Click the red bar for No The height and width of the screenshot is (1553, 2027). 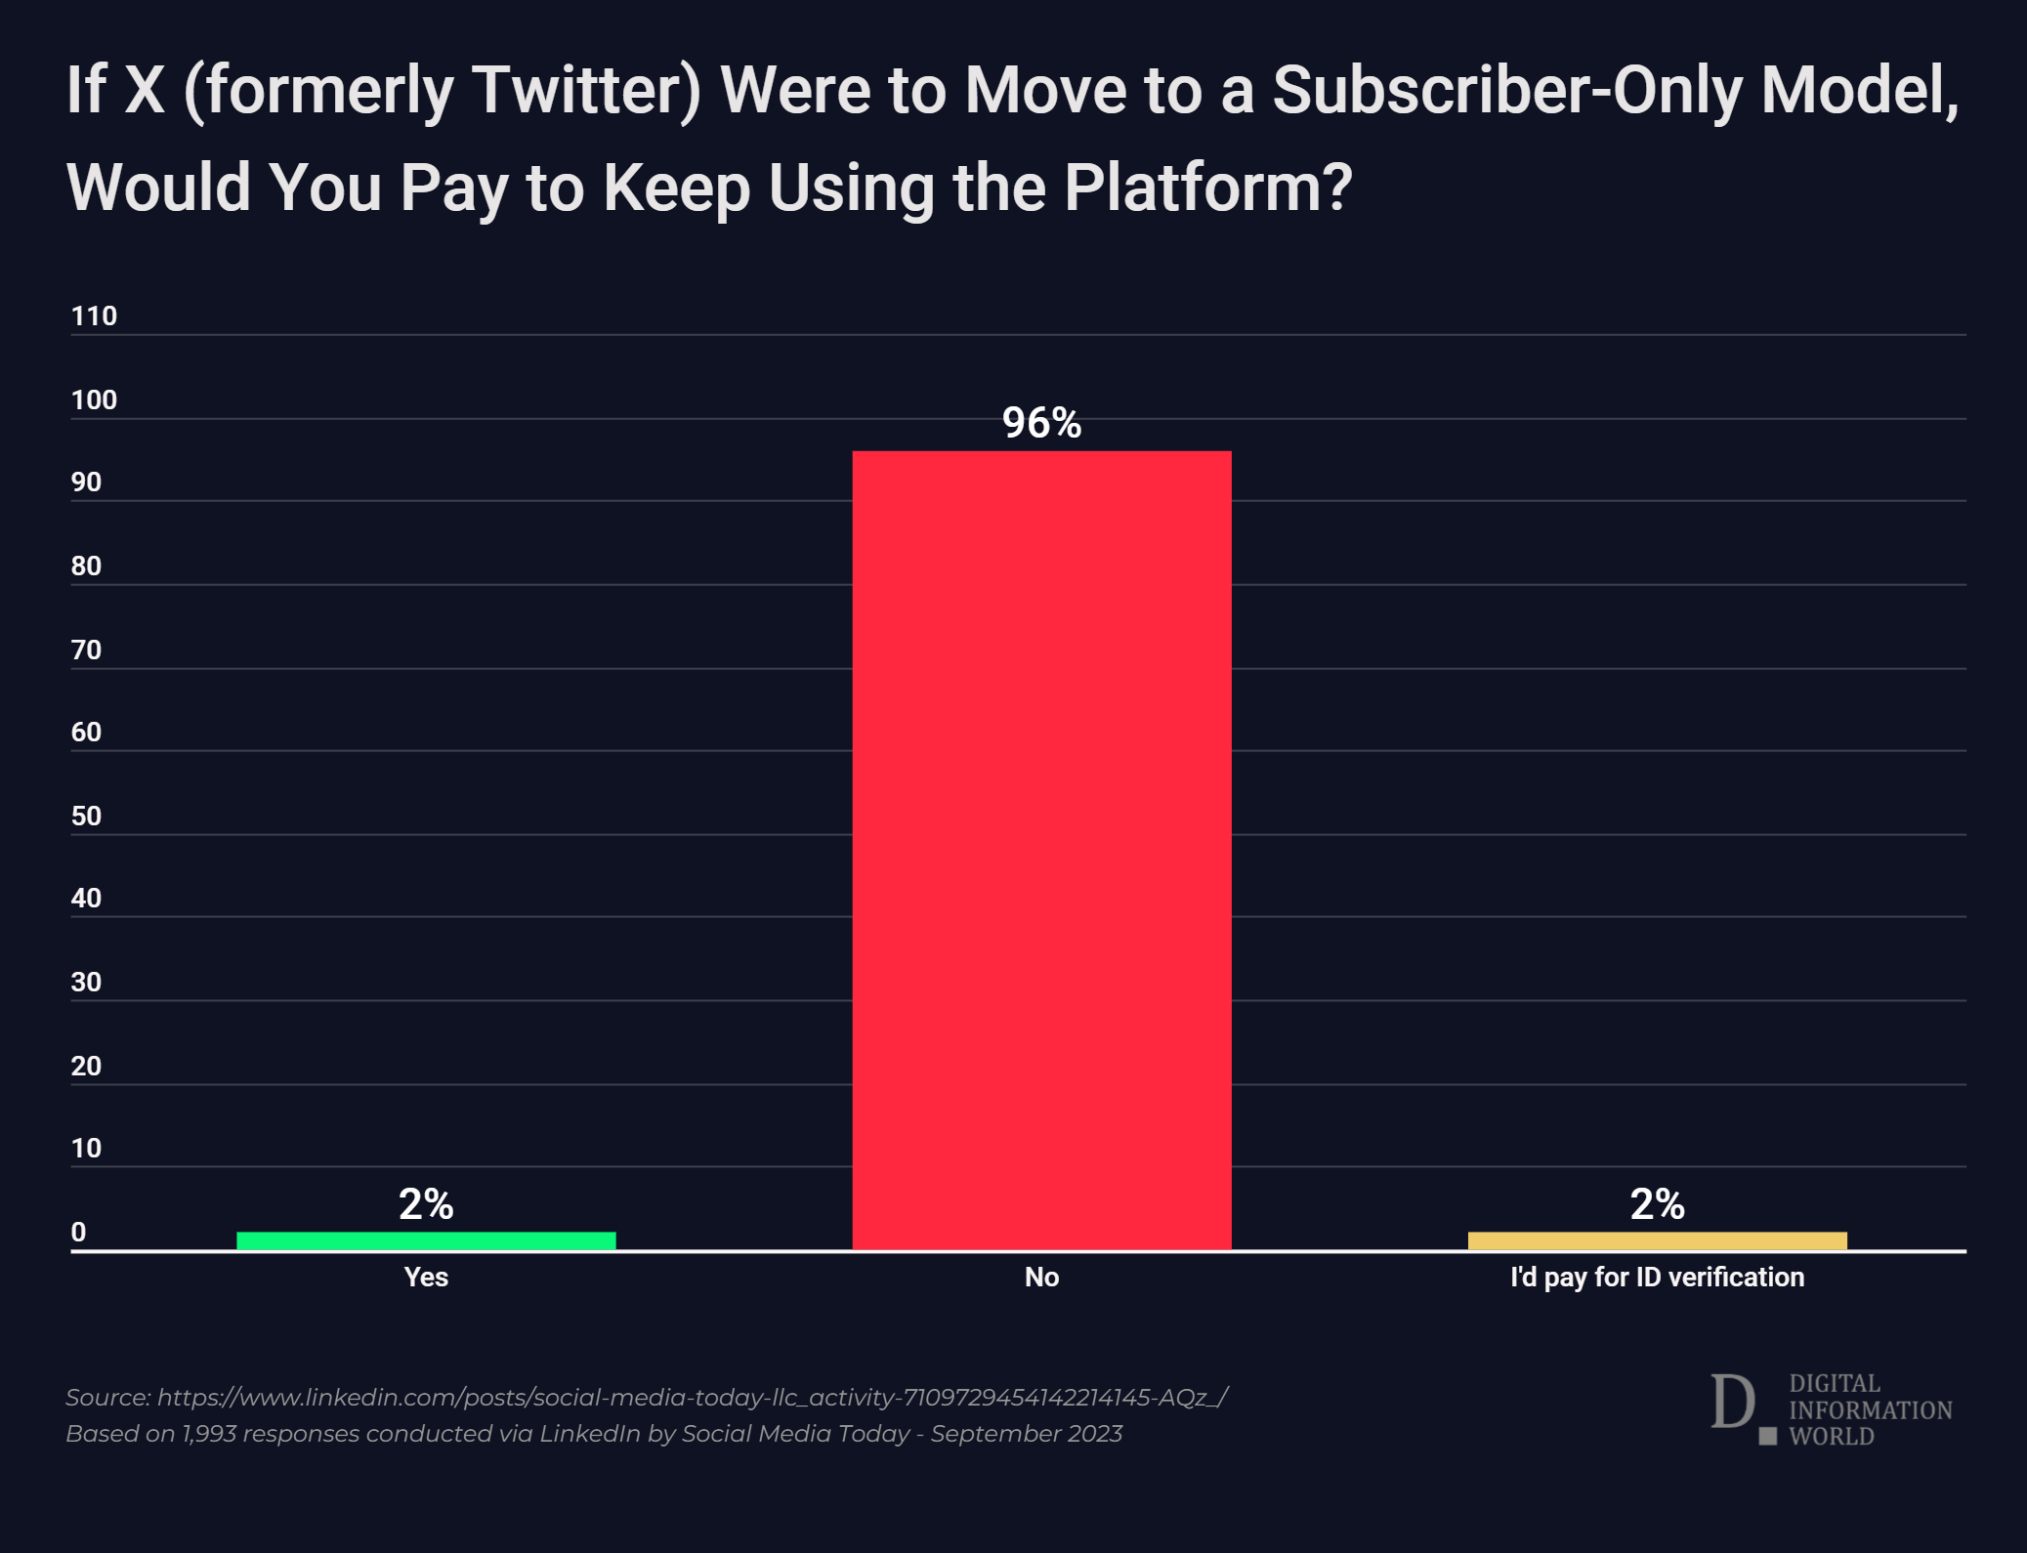pos(1041,850)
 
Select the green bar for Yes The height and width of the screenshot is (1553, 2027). pos(426,1240)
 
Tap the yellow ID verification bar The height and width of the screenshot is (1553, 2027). pos(1657,1240)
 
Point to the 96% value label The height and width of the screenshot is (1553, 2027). pos(1041,423)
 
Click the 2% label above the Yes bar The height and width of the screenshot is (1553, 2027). pos(426,1204)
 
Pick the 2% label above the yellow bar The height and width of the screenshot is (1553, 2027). pos(1657,1204)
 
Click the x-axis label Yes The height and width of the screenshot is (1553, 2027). pos(426,1277)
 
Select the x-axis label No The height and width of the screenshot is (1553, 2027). pos(1041,1277)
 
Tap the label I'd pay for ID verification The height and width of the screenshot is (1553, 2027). pos(1657,1277)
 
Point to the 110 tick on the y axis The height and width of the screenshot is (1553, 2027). pos(94,315)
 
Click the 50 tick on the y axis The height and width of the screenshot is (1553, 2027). pos(86,816)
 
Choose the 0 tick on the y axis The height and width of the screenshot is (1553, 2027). pos(78,1232)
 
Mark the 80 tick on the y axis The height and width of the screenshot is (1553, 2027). pos(86,566)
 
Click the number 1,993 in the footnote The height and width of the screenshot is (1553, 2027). pos(209,1434)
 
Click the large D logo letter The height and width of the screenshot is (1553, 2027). pos(1733,1404)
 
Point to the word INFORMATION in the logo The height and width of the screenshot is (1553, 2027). pos(1870,1410)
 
